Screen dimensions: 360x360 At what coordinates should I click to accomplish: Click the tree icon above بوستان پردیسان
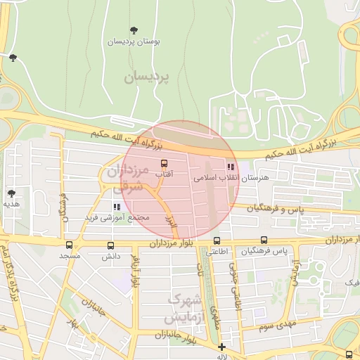pos(134,30)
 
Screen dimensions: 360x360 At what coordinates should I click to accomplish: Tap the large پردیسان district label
pos(148,76)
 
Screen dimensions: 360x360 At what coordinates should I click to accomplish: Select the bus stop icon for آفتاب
pos(164,164)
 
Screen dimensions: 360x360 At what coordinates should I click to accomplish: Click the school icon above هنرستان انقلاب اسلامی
pos(230,167)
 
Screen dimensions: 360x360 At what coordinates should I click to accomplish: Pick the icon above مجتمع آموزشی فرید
pos(117,207)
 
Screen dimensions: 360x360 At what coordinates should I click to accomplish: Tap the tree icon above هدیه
pos(11,193)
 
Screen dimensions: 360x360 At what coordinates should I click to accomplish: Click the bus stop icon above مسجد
pos(69,245)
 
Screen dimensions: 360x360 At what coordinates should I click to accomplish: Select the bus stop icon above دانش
pos(110,245)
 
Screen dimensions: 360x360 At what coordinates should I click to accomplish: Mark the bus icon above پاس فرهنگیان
pos(264,240)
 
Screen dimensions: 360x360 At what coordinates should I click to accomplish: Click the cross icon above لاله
pos(222,346)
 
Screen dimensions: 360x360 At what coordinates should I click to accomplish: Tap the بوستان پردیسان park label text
pos(134,41)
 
